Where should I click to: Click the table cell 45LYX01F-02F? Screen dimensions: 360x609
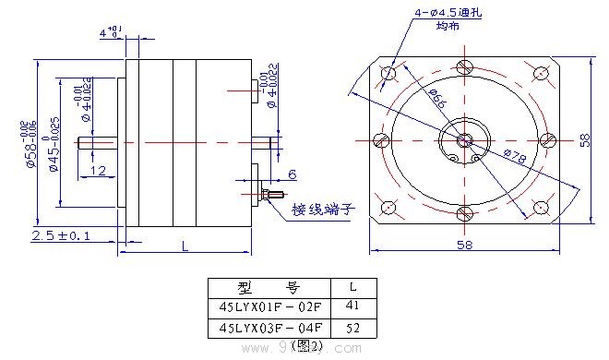(270, 306)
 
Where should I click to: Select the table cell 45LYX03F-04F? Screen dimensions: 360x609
(270, 327)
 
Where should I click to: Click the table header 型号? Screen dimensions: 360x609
(270, 286)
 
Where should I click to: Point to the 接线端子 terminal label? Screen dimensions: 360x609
(323, 209)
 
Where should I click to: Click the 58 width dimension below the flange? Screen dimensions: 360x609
(464, 244)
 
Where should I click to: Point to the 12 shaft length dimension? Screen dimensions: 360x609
(98, 171)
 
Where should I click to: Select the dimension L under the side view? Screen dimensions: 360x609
(185, 246)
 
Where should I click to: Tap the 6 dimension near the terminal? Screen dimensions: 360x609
(292, 174)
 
